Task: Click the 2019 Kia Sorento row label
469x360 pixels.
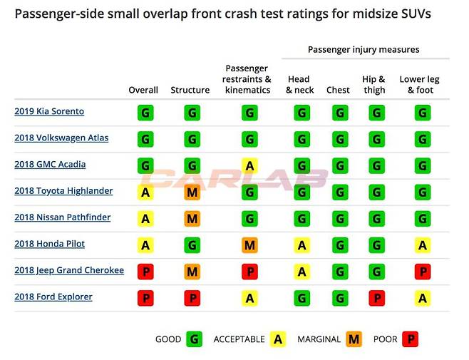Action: tap(49, 112)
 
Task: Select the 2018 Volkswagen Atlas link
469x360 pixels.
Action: tap(61, 138)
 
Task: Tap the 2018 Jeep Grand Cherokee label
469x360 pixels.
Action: tap(69, 271)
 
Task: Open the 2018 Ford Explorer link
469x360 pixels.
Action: tap(53, 297)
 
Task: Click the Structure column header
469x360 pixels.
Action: tap(190, 91)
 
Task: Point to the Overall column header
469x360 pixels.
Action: tap(143, 91)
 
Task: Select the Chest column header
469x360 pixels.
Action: tap(338, 91)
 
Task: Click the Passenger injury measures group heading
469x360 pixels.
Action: tap(364, 50)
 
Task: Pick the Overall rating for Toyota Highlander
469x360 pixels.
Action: tap(145, 192)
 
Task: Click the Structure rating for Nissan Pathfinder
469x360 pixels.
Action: tap(192, 218)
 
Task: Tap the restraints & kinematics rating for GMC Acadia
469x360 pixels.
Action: tap(249, 165)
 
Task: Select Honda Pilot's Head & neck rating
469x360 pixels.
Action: tap(302, 245)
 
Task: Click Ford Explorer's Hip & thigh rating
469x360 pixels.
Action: tap(376, 298)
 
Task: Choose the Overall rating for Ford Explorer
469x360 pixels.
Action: tap(145, 298)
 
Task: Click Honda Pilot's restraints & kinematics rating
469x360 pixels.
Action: tap(249, 245)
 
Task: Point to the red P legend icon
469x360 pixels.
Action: tap(410, 339)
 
